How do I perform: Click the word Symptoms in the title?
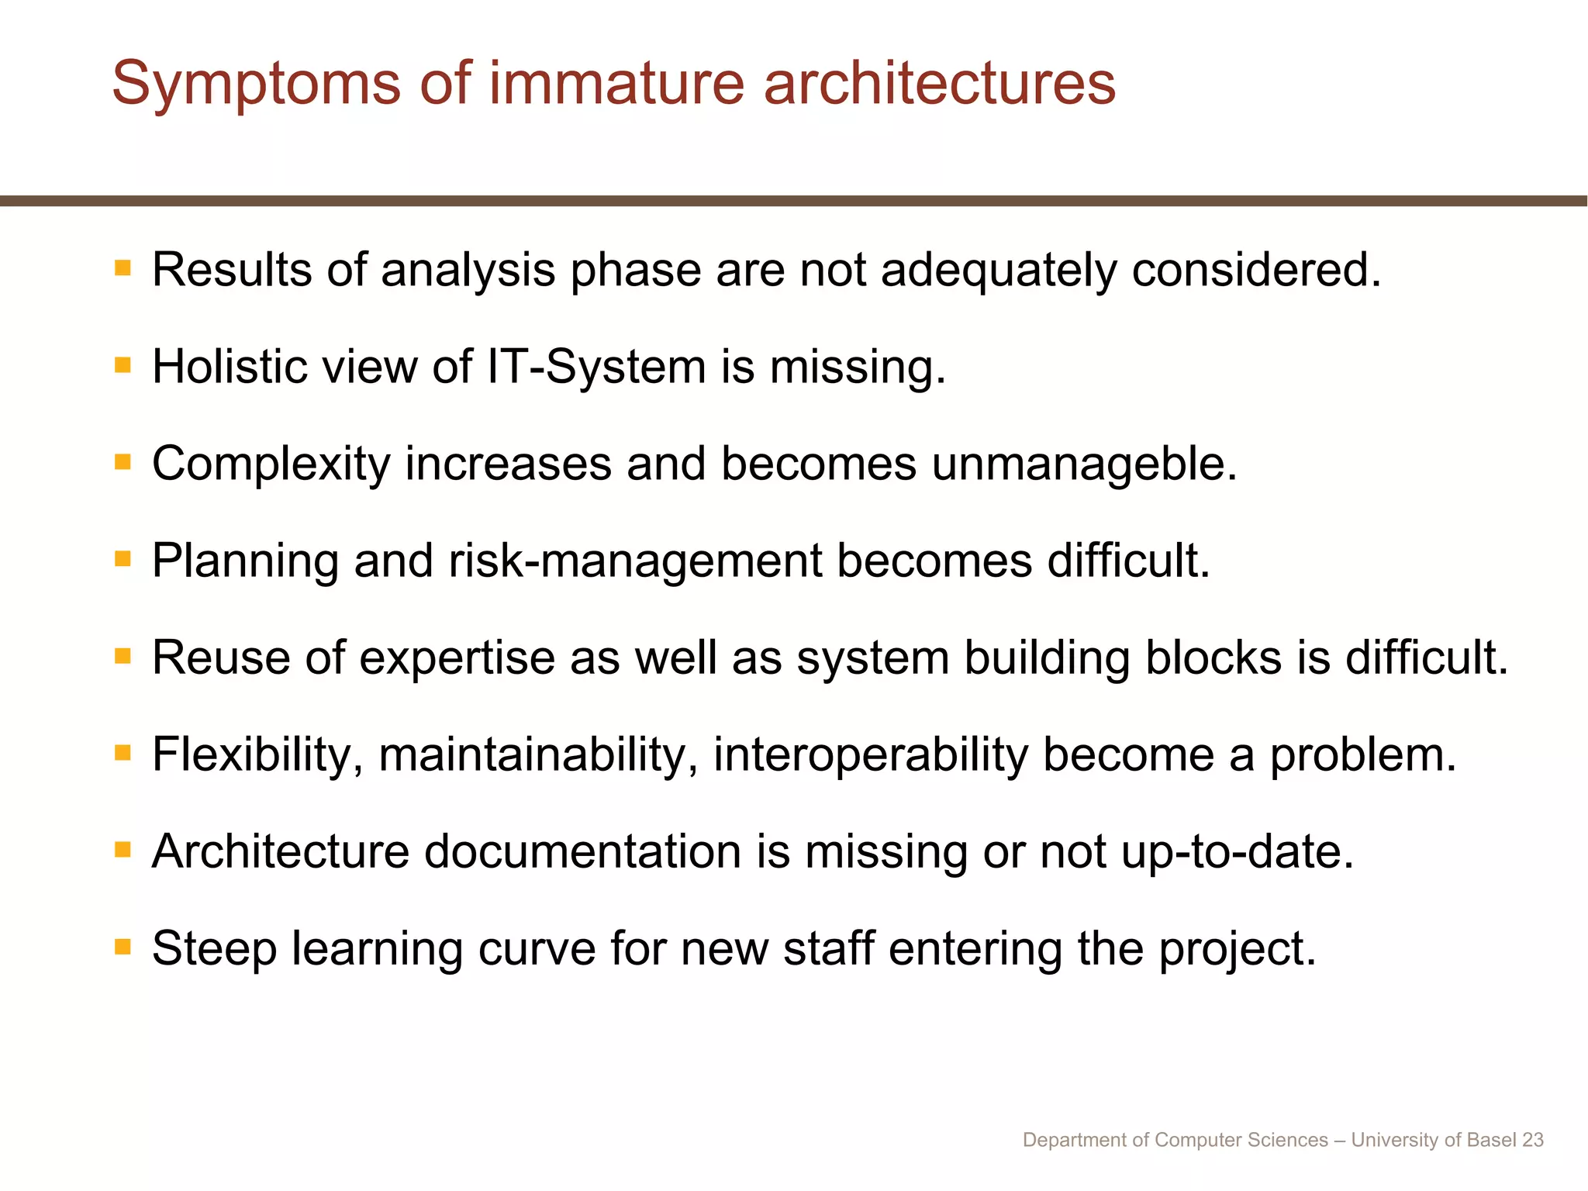tap(257, 84)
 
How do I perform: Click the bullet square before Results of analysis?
tap(123, 268)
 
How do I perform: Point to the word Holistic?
tap(230, 366)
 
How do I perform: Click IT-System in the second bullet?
tap(596, 368)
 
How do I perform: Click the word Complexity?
tap(271, 465)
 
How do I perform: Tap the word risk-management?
tap(635, 561)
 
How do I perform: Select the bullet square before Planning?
tap(123, 559)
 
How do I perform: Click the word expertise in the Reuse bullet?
tap(457, 658)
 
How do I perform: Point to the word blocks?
tap(1213, 658)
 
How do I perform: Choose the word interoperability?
tap(870, 755)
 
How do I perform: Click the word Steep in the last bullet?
tap(214, 949)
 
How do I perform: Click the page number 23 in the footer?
tap(1532, 1140)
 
